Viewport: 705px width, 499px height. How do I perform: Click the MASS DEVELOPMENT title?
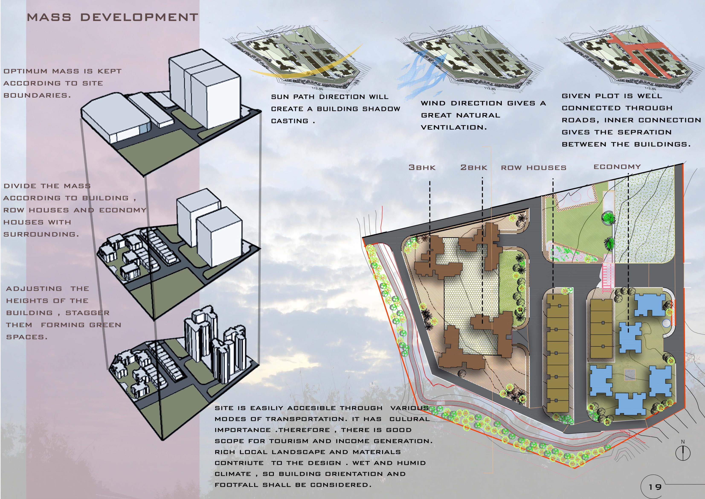112,18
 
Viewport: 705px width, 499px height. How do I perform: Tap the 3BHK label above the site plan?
422,168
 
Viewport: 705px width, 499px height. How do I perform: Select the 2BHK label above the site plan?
473,168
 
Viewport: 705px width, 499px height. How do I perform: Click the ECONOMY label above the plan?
617,167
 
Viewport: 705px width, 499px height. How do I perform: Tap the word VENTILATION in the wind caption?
454,127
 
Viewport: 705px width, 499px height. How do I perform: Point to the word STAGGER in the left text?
87,313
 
